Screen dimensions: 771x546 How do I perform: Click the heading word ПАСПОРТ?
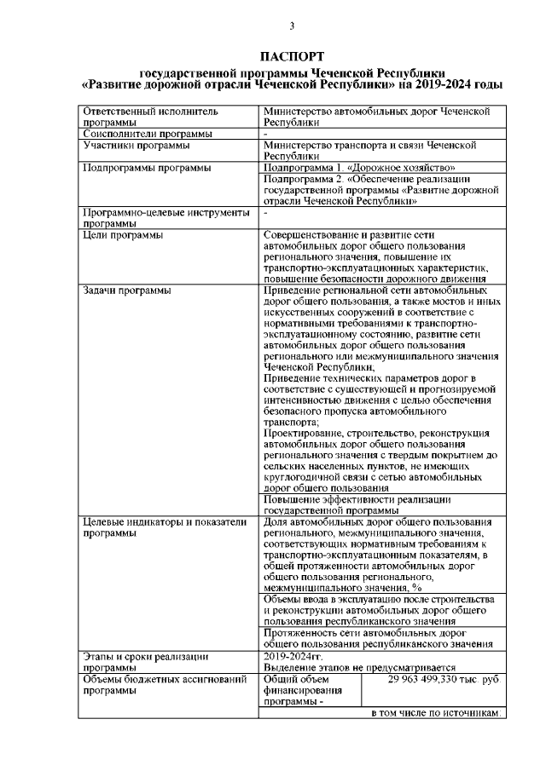point(290,57)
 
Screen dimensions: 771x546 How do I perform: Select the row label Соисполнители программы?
point(146,134)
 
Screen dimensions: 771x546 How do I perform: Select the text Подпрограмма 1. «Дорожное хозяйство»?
point(353,168)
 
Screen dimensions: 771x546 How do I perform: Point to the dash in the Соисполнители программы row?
point(266,134)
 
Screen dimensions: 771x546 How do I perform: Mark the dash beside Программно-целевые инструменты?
point(266,212)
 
